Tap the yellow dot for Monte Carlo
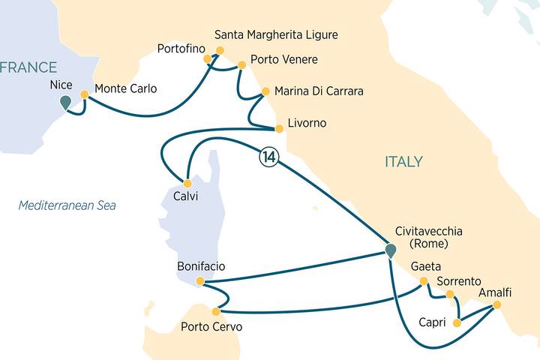pyautogui.click(x=85, y=95)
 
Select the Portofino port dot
pyautogui.click(x=209, y=59)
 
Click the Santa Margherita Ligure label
pyautogui.click(x=276, y=35)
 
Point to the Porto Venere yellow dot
pyautogui.click(x=241, y=65)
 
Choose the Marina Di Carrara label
pyautogui.click(x=319, y=91)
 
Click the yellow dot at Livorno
pyautogui.click(x=279, y=128)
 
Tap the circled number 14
pyautogui.click(x=268, y=157)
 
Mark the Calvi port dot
pyautogui.click(x=187, y=183)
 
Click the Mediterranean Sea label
pyautogui.click(x=67, y=205)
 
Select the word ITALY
pyautogui.click(x=403, y=162)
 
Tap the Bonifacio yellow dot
pyautogui.click(x=199, y=281)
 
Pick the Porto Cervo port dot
pyautogui.click(x=216, y=311)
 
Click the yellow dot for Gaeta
pyautogui.click(x=424, y=281)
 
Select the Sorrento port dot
pyautogui.click(x=450, y=294)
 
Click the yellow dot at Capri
pyautogui.click(x=457, y=324)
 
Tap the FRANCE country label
pyautogui.click(x=28, y=67)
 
